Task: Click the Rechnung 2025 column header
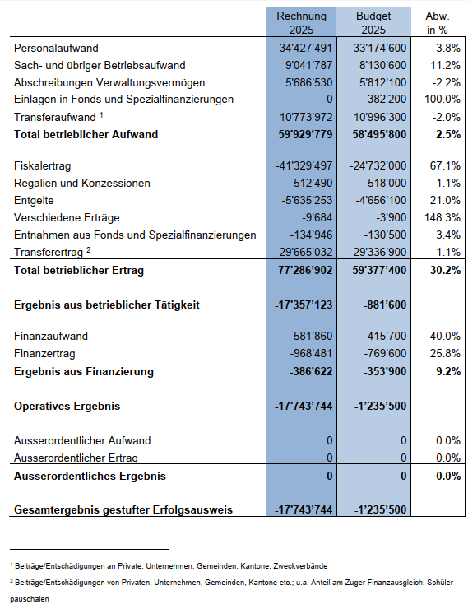[x=302, y=22]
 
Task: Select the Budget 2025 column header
[x=373, y=22]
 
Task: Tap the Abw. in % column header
[x=438, y=22]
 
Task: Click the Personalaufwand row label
[x=56, y=49]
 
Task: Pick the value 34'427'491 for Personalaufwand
[x=306, y=48]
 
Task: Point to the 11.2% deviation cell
[x=445, y=65]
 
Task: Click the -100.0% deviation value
[x=440, y=99]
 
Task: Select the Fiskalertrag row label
[x=42, y=166]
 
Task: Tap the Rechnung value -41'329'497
[x=304, y=166]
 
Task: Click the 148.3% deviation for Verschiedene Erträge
[x=443, y=217]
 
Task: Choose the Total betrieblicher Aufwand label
[x=86, y=134]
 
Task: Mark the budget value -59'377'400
[x=378, y=270]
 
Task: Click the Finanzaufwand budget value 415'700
[x=387, y=336]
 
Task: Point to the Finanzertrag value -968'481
[x=311, y=353]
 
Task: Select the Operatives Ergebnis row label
[x=67, y=407]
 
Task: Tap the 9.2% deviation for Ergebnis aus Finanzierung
[x=448, y=371]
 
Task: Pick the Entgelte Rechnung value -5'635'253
[x=307, y=201]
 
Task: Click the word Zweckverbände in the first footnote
[x=300, y=566]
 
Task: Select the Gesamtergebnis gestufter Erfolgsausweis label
[x=123, y=510]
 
